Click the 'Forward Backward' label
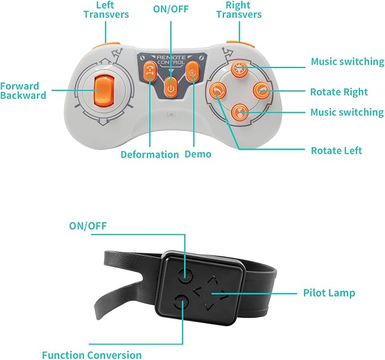pos(23,91)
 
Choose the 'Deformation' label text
pos(149,154)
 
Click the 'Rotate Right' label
pos(339,92)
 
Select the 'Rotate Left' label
pos(336,150)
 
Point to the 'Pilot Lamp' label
pos(329,293)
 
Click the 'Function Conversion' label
pos(92,355)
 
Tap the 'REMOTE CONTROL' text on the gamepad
pos(171,61)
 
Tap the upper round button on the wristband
pos(183,276)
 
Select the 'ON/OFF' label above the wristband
pos(88,226)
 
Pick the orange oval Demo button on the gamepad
pos(192,73)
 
